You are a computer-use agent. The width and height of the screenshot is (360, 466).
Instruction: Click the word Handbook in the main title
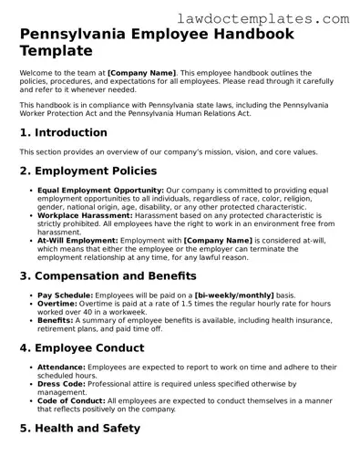coord(245,35)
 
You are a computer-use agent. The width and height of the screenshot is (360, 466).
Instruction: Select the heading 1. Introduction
coord(63,132)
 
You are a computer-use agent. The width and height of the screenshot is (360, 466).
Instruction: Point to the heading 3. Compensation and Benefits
coord(108,274)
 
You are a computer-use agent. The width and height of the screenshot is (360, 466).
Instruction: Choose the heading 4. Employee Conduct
coord(85,347)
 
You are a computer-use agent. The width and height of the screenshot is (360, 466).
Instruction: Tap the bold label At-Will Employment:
coord(77,240)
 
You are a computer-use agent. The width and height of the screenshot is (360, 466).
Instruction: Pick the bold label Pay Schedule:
coord(66,295)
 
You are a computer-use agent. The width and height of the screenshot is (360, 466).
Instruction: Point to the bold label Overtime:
coord(57,304)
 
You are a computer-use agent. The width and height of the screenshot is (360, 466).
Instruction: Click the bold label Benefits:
coord(57,320)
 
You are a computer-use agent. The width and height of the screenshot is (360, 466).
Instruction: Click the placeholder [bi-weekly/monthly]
coord(230,295)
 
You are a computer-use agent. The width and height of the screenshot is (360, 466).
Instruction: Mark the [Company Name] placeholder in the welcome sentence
coord(141,71)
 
